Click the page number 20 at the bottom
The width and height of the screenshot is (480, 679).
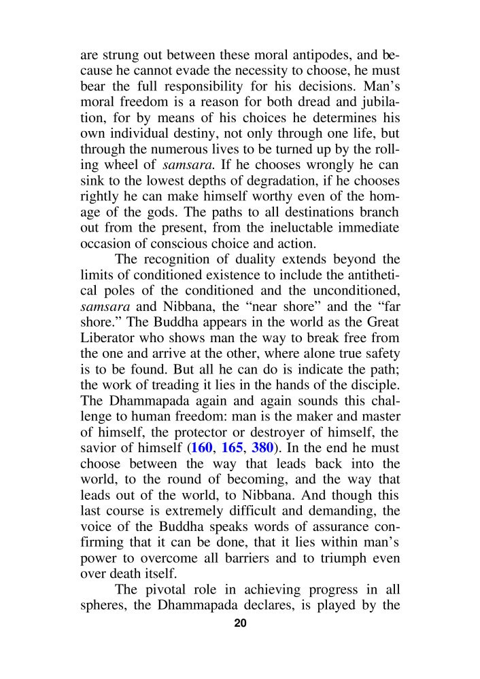[240, 625]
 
